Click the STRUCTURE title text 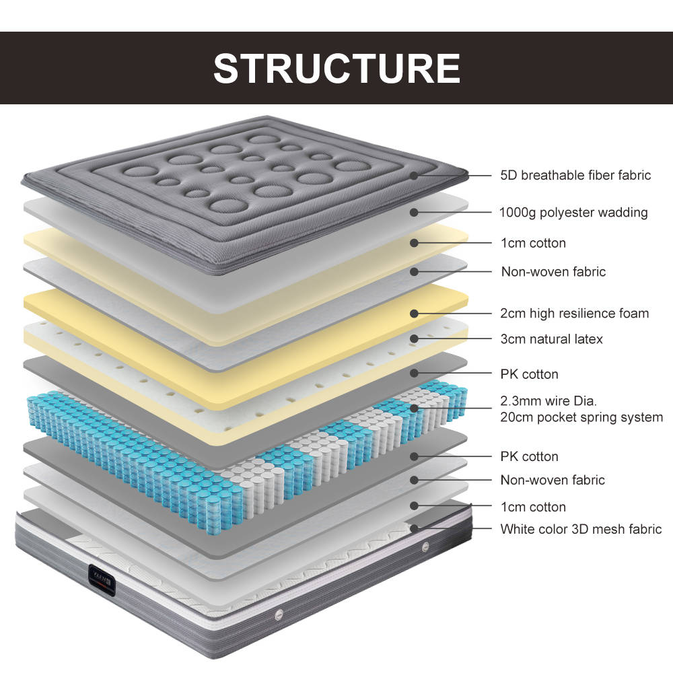tap(336, 68)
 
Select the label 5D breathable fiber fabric tap(575, 176)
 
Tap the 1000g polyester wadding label tap(573, 213)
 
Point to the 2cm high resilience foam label tap(575, 313)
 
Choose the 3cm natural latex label tap(551, 339)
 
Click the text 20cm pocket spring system tap(581, 417)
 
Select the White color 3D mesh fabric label tap(581, 530)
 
